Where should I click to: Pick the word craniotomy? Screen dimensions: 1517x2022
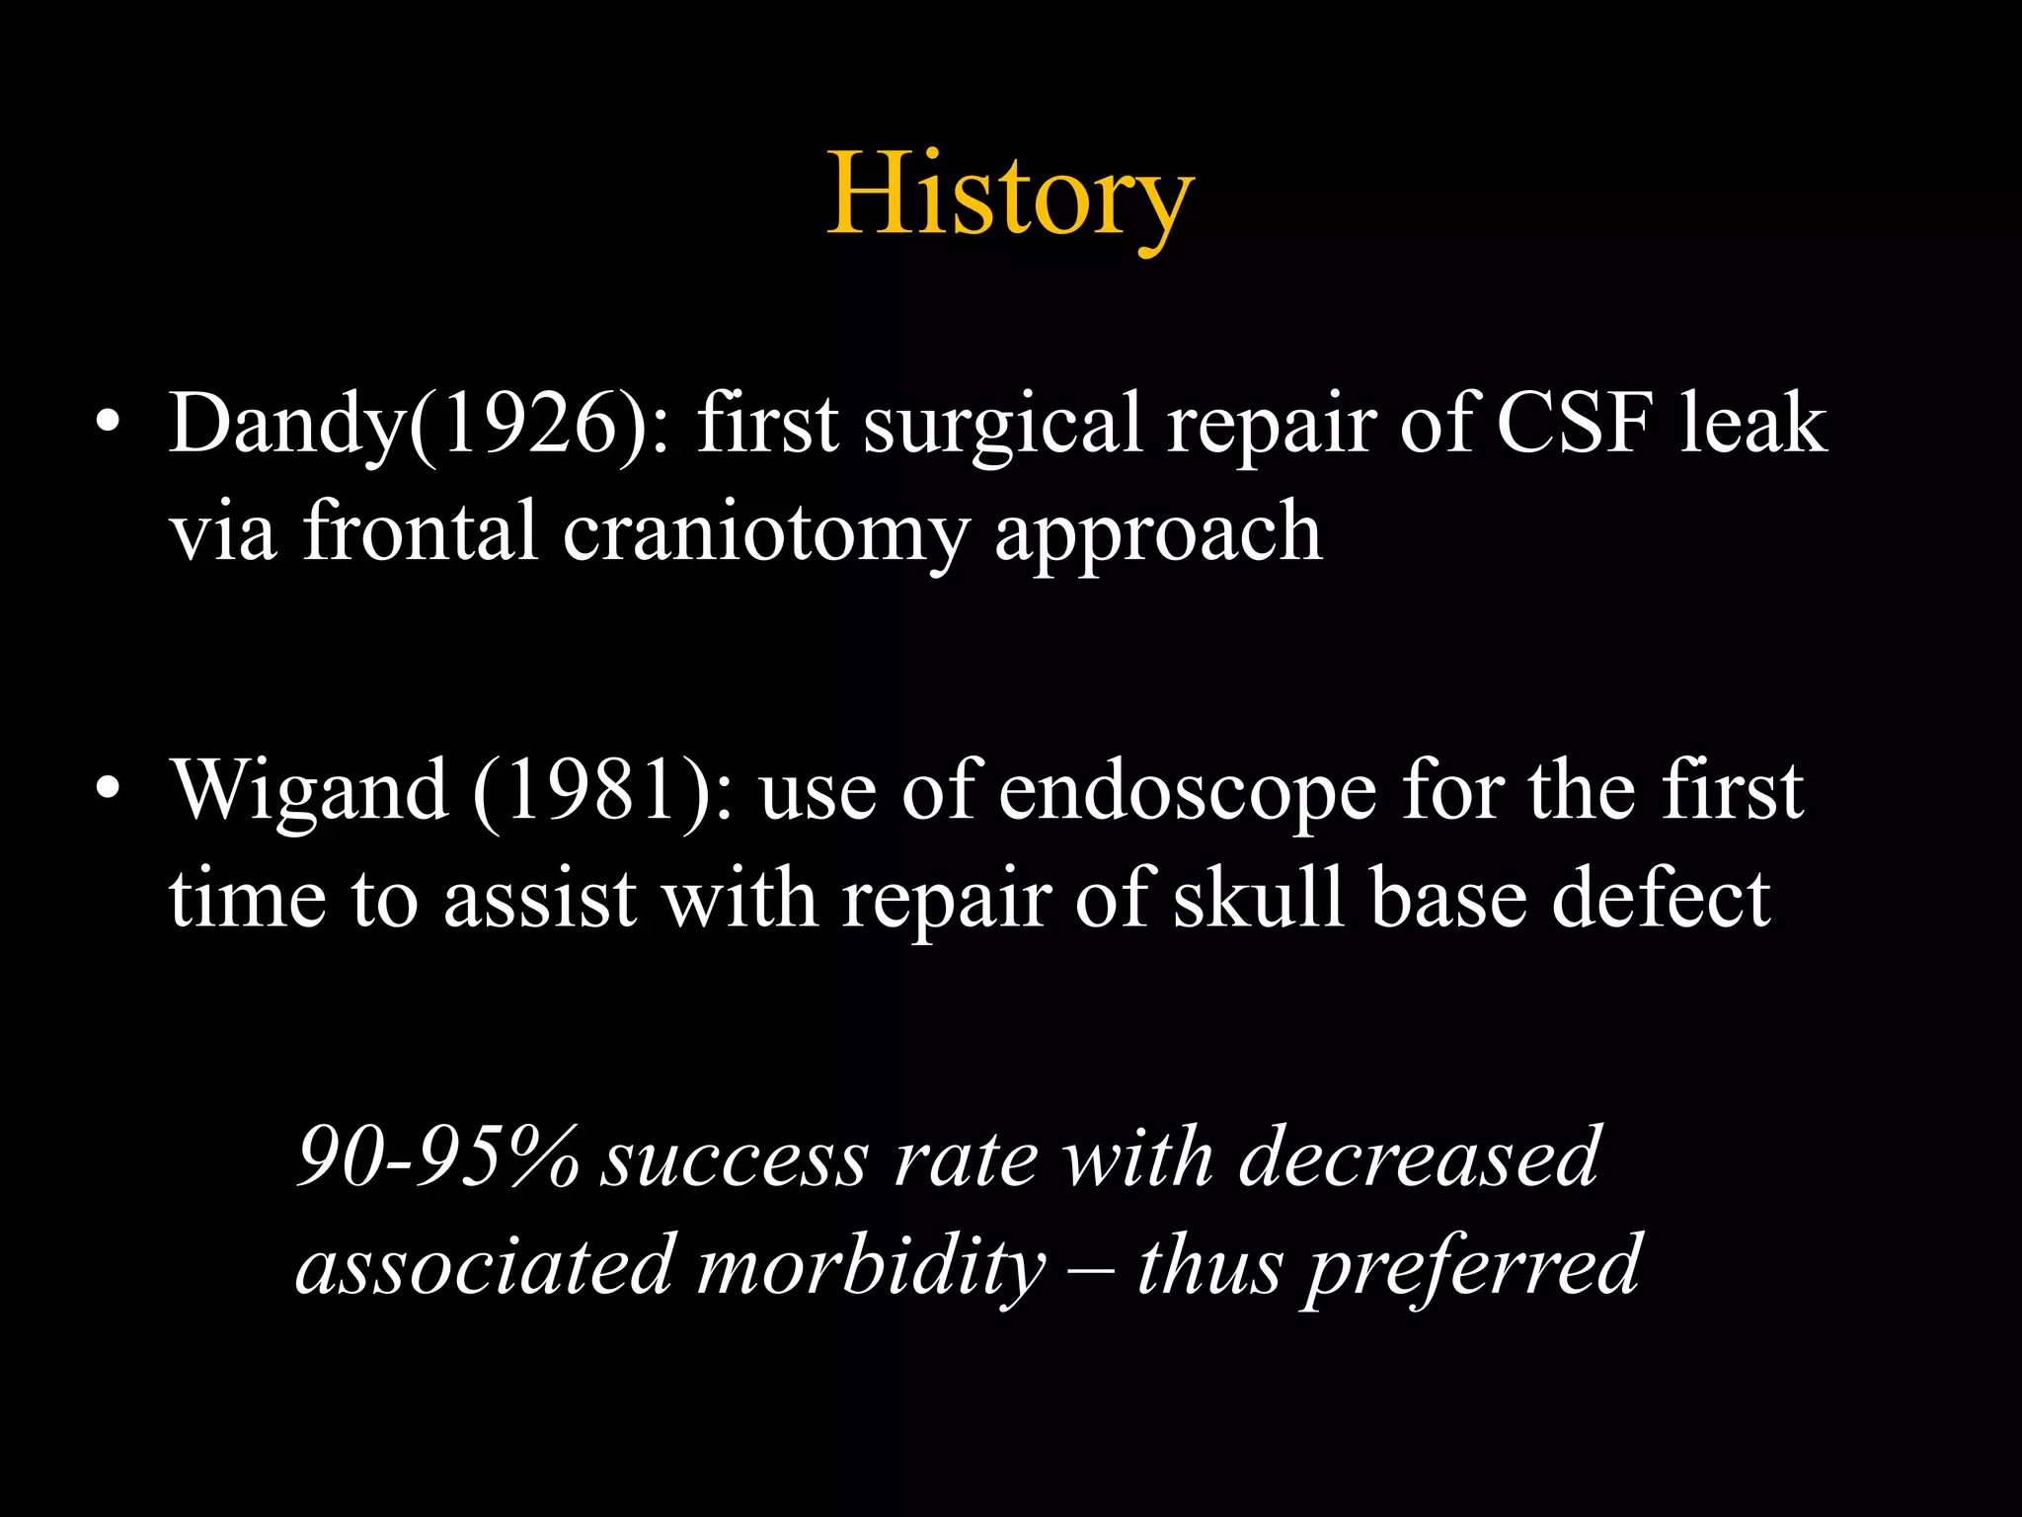[766, 533]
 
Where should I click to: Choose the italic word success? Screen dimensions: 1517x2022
[736, 1158]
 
